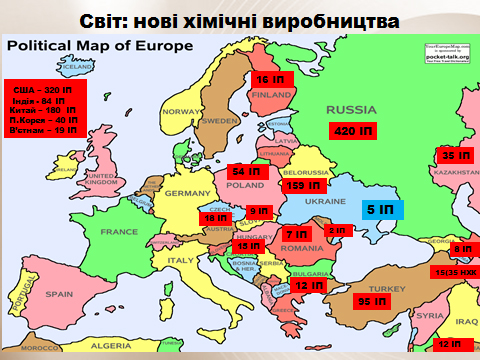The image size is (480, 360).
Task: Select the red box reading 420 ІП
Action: (x=354, y=132)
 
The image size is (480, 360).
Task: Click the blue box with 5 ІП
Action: (x=379, y=210)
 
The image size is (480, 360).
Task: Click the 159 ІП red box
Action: (x=303, y=185)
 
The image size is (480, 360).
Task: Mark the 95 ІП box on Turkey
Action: (x=373, y=301)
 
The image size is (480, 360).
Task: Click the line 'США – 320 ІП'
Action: (x=45, y=90)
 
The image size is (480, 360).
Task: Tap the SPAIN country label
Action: (x=60, y=295)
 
